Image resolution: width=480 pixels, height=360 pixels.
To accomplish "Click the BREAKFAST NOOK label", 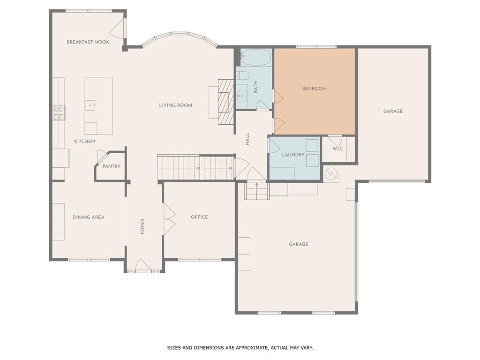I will point(88,42).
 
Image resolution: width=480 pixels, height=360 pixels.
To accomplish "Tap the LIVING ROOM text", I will point(175,105).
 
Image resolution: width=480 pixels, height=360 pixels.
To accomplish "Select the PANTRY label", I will point(112,166).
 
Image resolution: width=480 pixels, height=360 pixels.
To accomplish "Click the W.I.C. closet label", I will point(338,149).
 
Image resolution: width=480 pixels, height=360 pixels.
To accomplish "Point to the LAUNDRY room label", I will point(293,155).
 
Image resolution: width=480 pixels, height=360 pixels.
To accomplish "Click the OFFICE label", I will point(199,217).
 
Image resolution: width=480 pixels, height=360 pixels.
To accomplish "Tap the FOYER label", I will point(142,226).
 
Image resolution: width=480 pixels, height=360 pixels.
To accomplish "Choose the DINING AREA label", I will point(89,217).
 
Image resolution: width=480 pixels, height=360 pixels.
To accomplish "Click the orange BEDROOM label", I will point(314,89).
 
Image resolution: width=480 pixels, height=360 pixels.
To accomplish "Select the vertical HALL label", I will point(247,139).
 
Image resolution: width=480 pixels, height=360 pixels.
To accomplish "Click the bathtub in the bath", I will point(256,58).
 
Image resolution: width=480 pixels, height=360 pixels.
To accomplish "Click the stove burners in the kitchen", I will point(59,112).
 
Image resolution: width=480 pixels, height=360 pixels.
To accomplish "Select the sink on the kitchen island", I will point(90,105).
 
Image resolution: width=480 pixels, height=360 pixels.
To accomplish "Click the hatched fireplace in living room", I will point(225,98).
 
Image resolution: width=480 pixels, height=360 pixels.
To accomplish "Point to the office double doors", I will point(168,219).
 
